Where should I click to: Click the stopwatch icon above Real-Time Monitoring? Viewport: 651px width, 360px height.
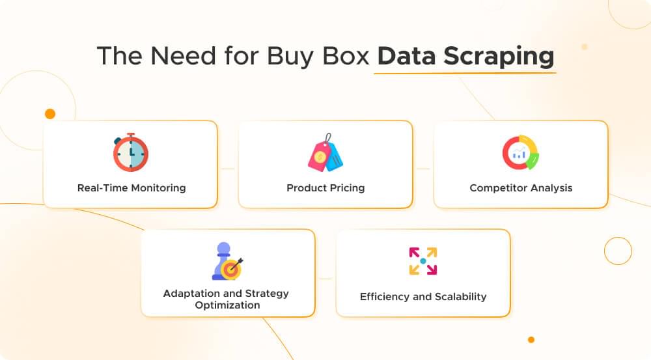131,152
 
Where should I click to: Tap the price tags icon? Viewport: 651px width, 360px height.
325,154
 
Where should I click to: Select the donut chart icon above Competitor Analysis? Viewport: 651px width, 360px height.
521,153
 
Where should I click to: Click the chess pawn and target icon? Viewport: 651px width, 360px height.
228,261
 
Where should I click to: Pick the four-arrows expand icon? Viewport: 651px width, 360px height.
423,261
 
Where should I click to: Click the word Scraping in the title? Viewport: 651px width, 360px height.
499,57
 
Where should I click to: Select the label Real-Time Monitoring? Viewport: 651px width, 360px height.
131,188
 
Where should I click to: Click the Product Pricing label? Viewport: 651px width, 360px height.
325,188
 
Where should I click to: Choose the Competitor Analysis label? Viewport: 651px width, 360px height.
521,188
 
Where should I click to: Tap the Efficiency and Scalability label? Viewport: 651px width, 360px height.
423,297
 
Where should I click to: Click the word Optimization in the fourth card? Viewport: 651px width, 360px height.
228,305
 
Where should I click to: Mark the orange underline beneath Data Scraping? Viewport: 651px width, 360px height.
465,72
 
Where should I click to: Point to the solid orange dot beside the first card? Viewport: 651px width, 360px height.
50,114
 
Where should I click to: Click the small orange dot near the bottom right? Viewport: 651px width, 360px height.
531,339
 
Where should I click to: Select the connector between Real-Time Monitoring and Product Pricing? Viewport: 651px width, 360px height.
228,169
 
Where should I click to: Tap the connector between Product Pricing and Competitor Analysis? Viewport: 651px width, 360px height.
423,169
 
